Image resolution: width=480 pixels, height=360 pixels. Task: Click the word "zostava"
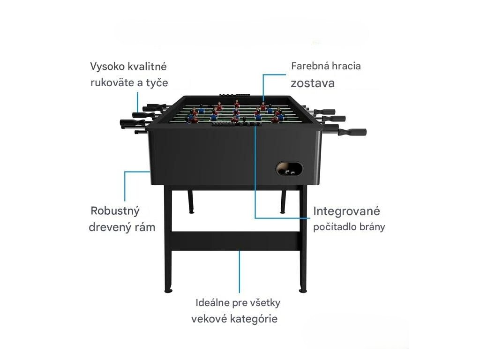(313, 83)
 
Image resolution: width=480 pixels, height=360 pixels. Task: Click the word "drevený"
(109, 227)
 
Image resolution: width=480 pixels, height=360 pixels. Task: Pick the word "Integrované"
(346, 211)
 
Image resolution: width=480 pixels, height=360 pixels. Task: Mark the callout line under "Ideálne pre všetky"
(240, 272)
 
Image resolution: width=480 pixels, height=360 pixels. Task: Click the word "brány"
(372, 227)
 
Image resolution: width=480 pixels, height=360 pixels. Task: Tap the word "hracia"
(346, 66)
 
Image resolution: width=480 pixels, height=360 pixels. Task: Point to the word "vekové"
(209, 319)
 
